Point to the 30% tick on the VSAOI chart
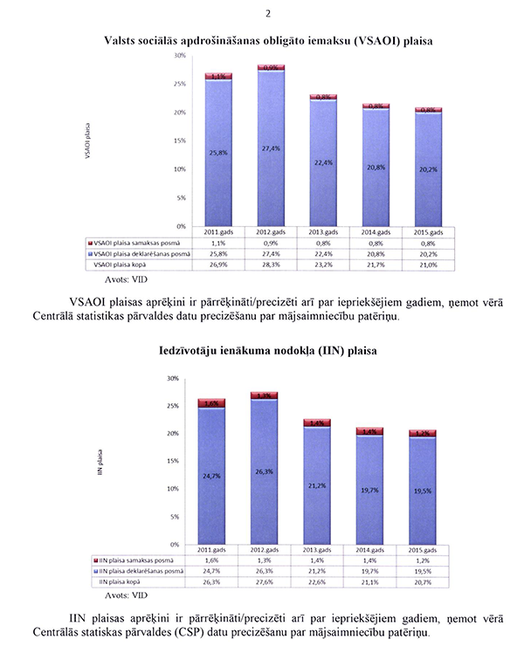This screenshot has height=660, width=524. (180, 56)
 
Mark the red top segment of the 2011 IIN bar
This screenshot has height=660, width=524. (212, 403)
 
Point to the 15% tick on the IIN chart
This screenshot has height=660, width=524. (173, 461)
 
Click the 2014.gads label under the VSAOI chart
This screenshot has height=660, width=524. (376, 232)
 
